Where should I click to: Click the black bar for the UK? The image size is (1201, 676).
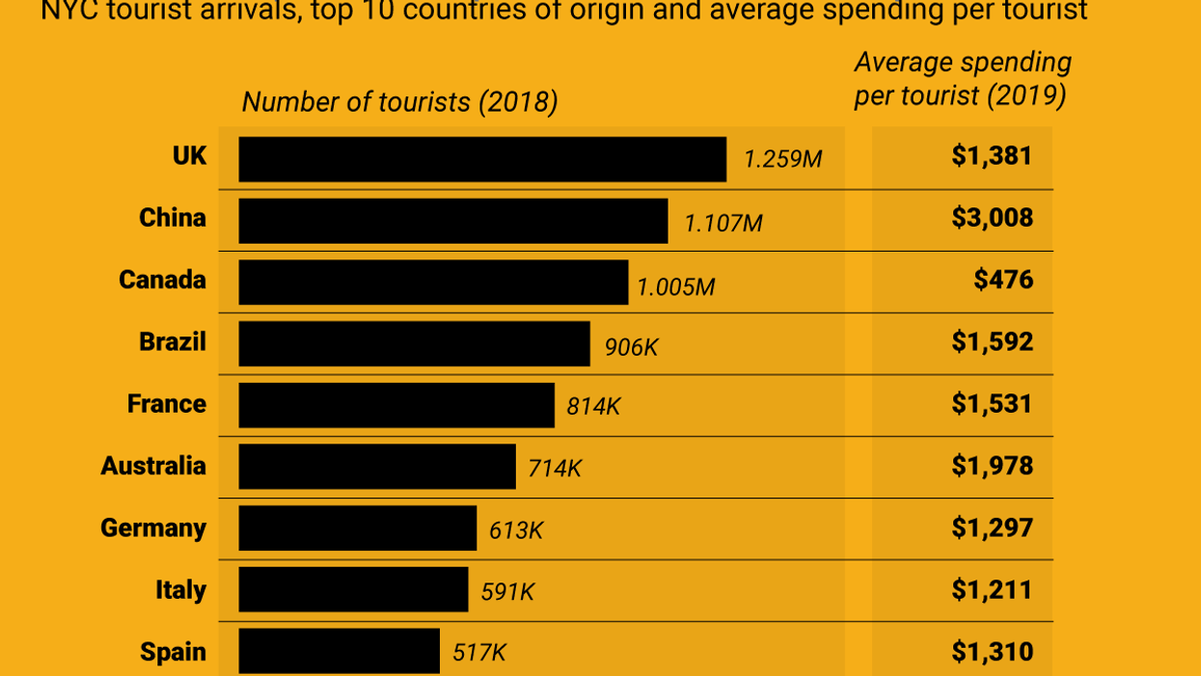click(x=482, y=159)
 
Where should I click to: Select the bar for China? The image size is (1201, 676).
click(x=452, y=221)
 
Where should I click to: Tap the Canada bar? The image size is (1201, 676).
click(x=433, y=283)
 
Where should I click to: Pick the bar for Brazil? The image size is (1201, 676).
click(x=414, y=344)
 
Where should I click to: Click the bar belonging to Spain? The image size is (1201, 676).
click(x=339, y=652)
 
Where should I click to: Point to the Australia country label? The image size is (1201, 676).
click(x=153, y=467)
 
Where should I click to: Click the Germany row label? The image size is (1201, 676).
click(x=153, y=528)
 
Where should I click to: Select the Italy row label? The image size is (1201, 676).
click(x=180, y=590)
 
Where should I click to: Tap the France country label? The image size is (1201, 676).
click(x=166, y=404)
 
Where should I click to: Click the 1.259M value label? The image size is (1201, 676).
click(x=782, y=159)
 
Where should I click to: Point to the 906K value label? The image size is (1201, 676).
click(x=631, y=347)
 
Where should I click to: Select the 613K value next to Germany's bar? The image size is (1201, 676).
click(x=516, y=530)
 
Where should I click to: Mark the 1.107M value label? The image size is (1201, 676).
click(x=723, y=224)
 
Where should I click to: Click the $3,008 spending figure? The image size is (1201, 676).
click(x=992, y=218)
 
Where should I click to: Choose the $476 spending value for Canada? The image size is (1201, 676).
click(x=1003, y=281)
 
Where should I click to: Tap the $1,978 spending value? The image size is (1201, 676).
click(x=992, y=467)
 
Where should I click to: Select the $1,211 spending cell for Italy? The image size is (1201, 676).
click(x=992, y=590)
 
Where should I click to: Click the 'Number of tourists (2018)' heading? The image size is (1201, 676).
click(x=399, y=102)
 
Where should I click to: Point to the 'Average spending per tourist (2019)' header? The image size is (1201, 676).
click(x=962, y=79)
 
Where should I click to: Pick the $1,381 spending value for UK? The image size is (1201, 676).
click(x=992, y=156)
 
